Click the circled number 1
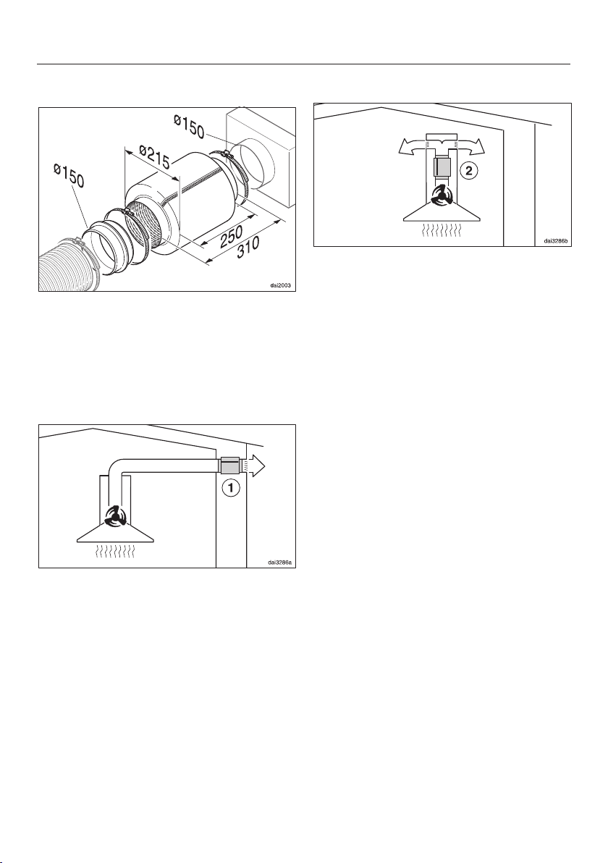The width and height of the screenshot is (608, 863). pos(231,489)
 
